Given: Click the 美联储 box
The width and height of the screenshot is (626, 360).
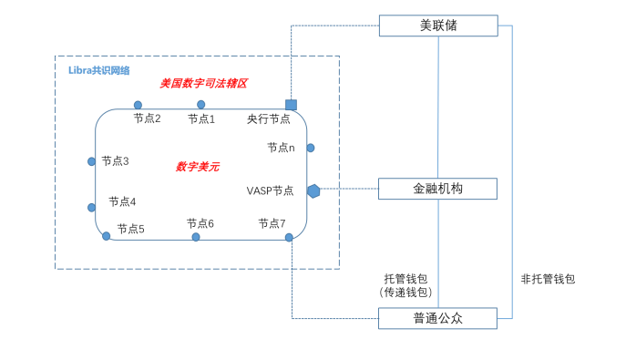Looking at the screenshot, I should pyautogui.click(x=438, y=26).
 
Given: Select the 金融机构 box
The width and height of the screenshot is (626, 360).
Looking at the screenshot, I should pyautogui.click(x=438, y=189).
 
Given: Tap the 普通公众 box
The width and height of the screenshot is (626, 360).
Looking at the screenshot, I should pyautogui.click(x=438, y=318).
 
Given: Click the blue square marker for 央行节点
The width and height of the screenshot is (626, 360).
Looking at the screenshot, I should pyautogui.click(x=291, y=105).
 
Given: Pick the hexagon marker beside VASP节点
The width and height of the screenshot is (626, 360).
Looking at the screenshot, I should pyautogui.click(x=313, y=190).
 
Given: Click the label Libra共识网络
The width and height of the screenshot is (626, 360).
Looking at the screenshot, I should pyautogui.click(x=99, y=70).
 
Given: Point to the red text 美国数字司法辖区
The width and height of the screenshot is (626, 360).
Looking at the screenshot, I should pyautogui.click(x=204, y=83).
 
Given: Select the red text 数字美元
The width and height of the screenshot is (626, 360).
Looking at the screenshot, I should pyautogui.click(x=198, y=167).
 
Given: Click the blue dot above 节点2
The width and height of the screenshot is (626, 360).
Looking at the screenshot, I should pyautogui.click(x=138, y=105).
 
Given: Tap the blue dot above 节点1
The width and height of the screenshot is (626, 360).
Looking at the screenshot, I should pyautogui.click(x=200, y=105).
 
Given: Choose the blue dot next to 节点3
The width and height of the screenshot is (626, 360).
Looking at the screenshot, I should pyautogui.click(x=91, y=161).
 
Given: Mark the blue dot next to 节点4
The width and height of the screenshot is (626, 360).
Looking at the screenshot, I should pyautogui.click(x=91, y=207).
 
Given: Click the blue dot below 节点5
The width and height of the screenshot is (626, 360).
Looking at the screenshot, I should pyautogui.click(x=107, y=236).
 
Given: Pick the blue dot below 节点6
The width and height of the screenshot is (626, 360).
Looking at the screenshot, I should pyautogui.click(x=196, y=237).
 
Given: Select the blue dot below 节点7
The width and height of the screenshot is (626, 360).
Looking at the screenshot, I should pyautogui.click(x=289, y=237).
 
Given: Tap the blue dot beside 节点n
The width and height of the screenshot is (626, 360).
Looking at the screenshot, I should pyautogui.click(x=310, y=148).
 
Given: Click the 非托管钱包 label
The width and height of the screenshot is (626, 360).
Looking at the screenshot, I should pyautogui.click(x=548, y=279).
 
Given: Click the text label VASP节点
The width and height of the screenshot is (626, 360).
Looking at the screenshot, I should pyautogui.click(x=270, y=190).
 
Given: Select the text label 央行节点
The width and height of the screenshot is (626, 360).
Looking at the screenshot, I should pyautogui.click(x=269, y=118).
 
